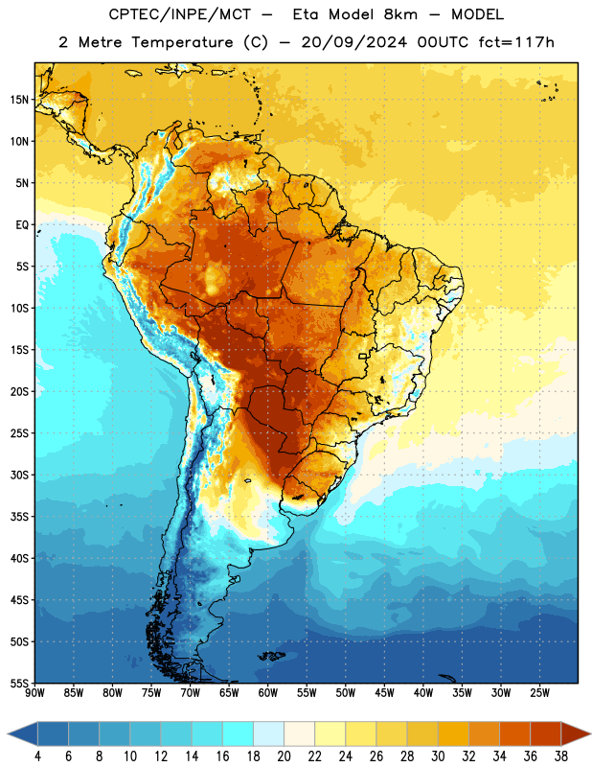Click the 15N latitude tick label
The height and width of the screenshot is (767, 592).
pyautogui.click(x=19, y=100)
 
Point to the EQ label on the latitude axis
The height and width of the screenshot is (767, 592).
pyautogui.click(x=22, y=225)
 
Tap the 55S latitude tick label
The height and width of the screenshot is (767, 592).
pyautogui.click(x=19, y=683)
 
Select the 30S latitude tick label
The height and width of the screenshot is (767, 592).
pyautogui.click(x=19, y=475)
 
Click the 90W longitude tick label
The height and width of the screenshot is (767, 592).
pyautogui.click(x=34, y=693)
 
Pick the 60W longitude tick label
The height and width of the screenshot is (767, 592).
pyautogui.click(x=268, y=693)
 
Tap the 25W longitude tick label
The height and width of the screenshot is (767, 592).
pyautogui.click(x=539, y=693)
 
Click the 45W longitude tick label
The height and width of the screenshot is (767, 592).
pyautogui.click(x=384, y=693)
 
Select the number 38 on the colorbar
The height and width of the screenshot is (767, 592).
pyautogui.click(x=560, y=756)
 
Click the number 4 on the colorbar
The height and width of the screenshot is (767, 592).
pyautogui.click(x=37, y=756)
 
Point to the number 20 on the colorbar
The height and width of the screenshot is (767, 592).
pyautogui.click(x=284, y=756)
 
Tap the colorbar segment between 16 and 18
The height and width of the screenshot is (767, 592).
pyautogui.click(x=239, y=734)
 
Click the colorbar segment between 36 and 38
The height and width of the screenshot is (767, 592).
pyautogui.click(x=546, y=734)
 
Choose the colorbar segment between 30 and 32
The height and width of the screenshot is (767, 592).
pyautogui.click(x=453, y=734)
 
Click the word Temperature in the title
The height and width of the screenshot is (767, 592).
pyautogui.click(x=182, y=42)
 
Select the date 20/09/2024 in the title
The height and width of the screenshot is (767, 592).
pyautogui.click(x=353, y=42)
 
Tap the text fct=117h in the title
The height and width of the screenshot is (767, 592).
pyautogui.click(x=516, y=42)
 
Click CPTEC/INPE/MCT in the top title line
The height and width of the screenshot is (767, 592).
pyautogui.click(x=179, y=14)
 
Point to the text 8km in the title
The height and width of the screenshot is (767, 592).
pyautogui.click(x=400, y=14)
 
